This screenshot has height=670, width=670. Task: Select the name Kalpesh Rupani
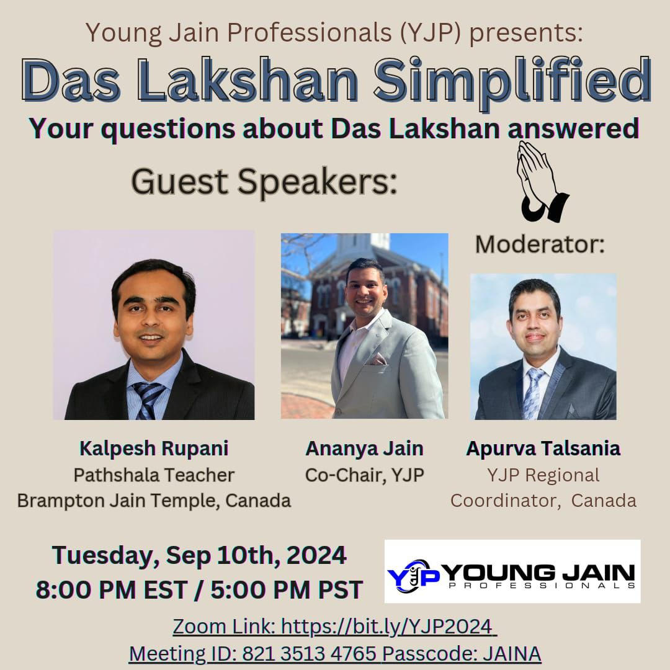pyautogui.click(x=154, y=449)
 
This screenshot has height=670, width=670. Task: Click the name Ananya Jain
pyautogui.click(x=365, y=449)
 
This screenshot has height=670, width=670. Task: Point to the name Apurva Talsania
pyautogui.click(x=543, y=449)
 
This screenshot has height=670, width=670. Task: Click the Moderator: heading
pyautogui.click(x=540, y=245)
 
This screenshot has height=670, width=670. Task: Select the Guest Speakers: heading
pyautogui.click(x=264, y=182)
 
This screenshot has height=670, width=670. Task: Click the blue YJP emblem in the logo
pyautogui.click(x=413, y=576)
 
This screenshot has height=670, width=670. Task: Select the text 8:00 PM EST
pyautogui.click(x=112, y=590)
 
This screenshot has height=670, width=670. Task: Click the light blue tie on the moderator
pyautogui.click(x=533, y=393)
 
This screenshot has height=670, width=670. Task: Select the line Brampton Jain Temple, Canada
pyautogui.click(x=154, y=501)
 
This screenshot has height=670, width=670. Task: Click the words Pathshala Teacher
pyautogui.click(x=154, y=475)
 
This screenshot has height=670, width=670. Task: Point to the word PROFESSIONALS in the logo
pyautogui.click(x=542, y=586)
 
